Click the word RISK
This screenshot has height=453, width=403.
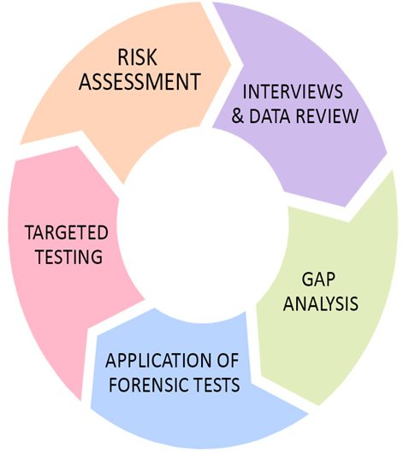(x=138, y=57)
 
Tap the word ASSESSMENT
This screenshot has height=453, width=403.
(x=140, y=81)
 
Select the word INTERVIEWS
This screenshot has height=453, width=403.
(x=293, y=91)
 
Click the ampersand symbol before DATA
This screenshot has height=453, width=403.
(x=238, y=116)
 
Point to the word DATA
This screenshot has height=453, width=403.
(x=270, y=116)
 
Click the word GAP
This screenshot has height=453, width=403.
(x=318, y=279)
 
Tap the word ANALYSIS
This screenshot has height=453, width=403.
(x=321, y=303)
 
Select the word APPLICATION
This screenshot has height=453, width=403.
(x=159, y=361)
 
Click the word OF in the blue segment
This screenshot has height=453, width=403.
(x=228, y=361)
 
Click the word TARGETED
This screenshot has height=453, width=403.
(x=67, y=232)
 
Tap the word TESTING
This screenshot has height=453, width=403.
(x=68, y=256)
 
